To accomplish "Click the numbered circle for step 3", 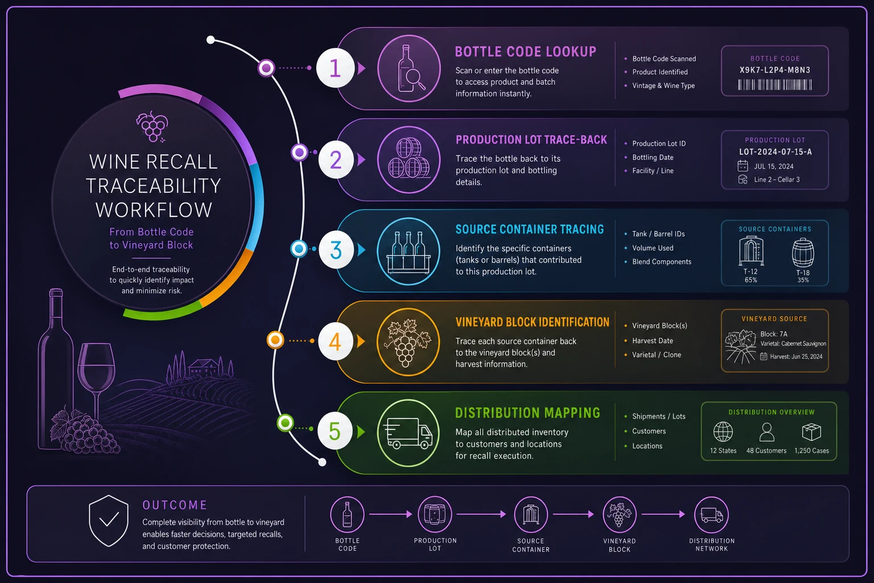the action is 336,249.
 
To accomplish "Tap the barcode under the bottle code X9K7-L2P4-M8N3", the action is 775,85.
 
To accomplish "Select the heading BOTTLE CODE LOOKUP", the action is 526,52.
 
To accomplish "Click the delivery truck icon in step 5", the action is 408,433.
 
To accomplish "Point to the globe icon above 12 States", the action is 723,432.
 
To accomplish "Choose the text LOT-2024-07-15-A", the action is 776,152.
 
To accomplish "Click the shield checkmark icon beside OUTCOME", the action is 109,520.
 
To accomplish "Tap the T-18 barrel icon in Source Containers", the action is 803,253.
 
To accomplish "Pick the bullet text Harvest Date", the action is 653,340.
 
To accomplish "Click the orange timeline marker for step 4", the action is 275,340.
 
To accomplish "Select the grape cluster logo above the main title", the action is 152,126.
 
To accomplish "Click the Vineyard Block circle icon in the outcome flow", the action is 619,514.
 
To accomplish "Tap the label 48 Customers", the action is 766,450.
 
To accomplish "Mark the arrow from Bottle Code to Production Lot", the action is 390,514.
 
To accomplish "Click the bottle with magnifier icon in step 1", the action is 409,69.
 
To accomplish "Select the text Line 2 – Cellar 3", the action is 777,179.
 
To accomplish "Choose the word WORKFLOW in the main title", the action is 154,210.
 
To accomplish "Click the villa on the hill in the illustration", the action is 203,368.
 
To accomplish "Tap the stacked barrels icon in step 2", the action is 409,159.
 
